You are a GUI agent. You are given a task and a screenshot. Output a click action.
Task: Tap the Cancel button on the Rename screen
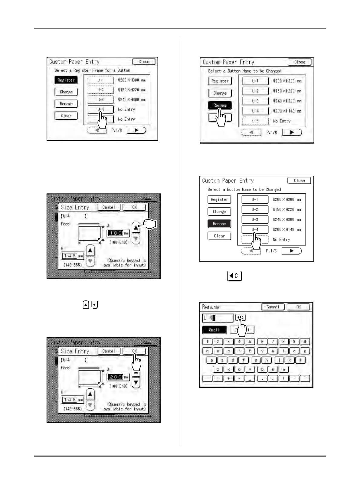pyautogui.click(x=273, y=307)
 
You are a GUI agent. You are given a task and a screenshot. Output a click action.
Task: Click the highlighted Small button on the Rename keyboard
pyautogui.click(x=214, y=330)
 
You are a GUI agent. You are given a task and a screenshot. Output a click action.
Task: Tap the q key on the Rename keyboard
pyautogui.click(x=207, y=351)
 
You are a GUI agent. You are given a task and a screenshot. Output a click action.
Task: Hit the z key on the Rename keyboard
pyautogui.click(x=218, y=369)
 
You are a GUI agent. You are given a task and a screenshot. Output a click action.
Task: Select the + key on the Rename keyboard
pyautogui.click(x=228, y=378)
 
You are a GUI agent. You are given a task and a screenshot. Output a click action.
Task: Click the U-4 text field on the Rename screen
pyautogui.click(x=218, y=318)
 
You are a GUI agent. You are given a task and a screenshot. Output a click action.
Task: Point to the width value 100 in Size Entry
pyautogui.click(x=115, y=233)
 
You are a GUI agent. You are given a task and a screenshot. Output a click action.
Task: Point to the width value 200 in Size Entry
pyautogui.click(x=115, y=377)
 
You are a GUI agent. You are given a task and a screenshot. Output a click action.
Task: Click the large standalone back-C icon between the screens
pyautogui.click(x=234, y=276)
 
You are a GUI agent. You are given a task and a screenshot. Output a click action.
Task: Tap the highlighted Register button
pyautogui.click(x=66, y=80)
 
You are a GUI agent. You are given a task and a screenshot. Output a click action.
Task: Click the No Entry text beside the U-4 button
pyautogui.click(x=126, y=109)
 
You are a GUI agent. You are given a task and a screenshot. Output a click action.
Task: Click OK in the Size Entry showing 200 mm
pyautogui.click(x=134, y=351)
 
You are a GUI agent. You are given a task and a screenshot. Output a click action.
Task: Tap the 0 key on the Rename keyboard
pyautogui.click(x=305, y=342)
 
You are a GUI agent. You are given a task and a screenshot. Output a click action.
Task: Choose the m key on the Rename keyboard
pyautogui.click(x=283, y=369)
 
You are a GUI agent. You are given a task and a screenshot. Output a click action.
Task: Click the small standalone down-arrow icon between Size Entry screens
pyautogui.click(x=95, y=305)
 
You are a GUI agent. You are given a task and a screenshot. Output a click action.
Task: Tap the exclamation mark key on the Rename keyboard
pyautogui.click(x=283, y=378)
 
